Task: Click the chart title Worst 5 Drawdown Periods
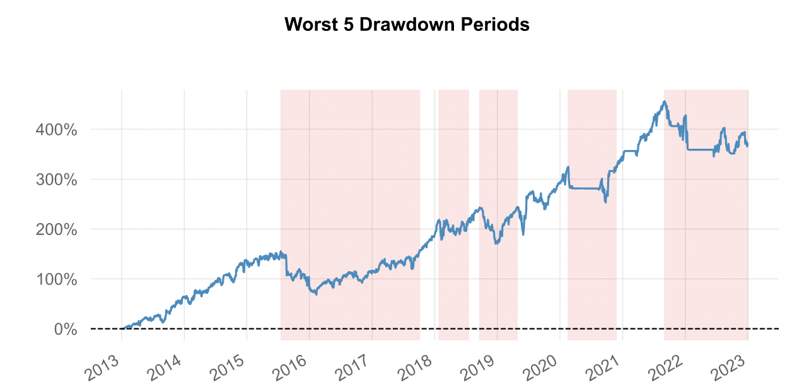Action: pos(407,25)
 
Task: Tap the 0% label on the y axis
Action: pos(66,329)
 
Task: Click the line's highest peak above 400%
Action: pos(665,101)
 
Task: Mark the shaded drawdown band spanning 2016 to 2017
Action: pos(350,189)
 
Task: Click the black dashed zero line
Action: pos(441,328)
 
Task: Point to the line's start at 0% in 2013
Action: pos(122,328)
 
